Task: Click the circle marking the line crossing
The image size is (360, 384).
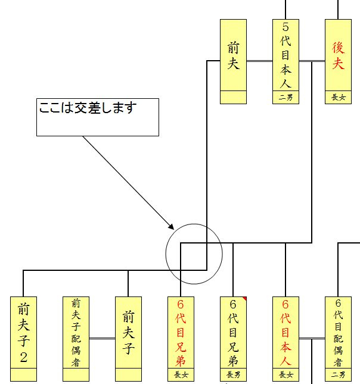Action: pos(194,254)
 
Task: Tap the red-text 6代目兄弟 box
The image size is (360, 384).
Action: pos(181,333)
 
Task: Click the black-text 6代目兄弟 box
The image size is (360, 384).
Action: pos(233,333)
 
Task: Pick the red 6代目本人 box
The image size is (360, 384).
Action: pos(285,333)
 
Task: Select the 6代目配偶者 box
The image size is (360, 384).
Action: pos(338,333)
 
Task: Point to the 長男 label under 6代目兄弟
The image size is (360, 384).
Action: pos(233,375)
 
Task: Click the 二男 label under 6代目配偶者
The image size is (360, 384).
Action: pos(338,375)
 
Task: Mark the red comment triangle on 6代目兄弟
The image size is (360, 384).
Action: pos(244,299)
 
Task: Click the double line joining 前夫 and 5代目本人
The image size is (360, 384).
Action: pos(259,61)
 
